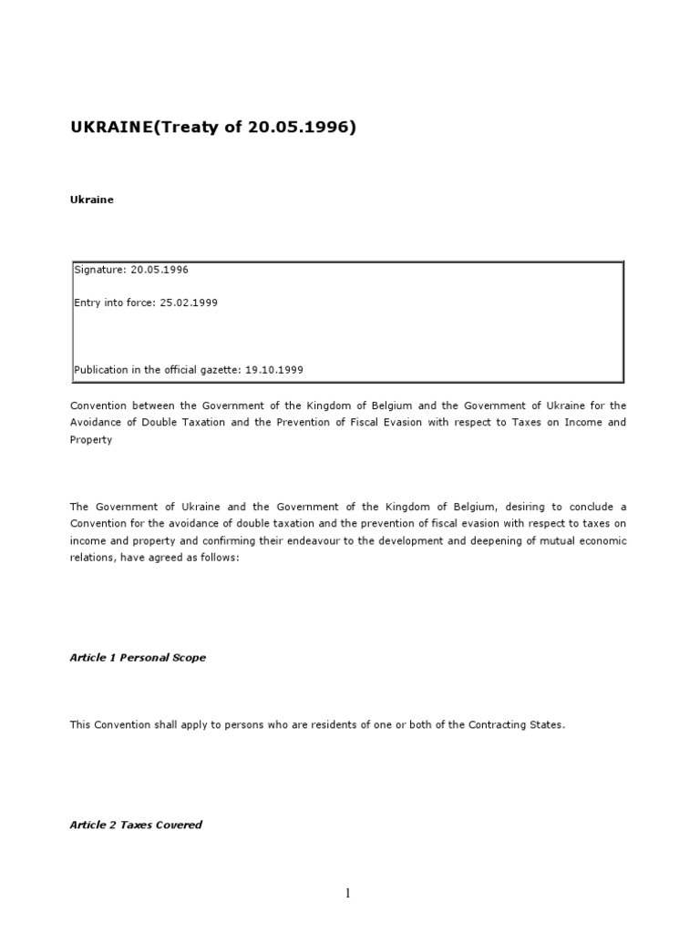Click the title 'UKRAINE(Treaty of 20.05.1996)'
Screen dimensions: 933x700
(212, 127)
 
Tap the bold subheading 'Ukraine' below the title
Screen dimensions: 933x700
(92, 200)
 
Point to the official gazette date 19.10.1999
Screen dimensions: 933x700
(274, 370)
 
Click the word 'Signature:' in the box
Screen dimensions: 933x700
(100, 270)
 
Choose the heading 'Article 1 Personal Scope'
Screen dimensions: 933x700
(138, 657)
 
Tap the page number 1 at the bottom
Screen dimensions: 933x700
(347, 893)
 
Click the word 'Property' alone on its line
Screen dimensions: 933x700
(91, 439)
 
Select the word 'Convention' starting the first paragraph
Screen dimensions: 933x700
(98, 405)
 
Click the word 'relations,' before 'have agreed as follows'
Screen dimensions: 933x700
(93, 558)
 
